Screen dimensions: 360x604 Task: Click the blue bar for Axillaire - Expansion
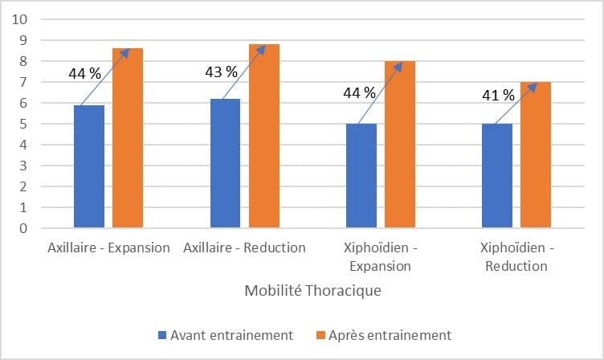click(88, 166)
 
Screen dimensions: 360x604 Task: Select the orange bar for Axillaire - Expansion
click(128, 138)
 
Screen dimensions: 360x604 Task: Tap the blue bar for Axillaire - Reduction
click(224, 163)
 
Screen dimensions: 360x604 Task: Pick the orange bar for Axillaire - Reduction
click(263, 136)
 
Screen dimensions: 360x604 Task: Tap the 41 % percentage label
click(498, 95)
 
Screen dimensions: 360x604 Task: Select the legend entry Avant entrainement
click(226, 334)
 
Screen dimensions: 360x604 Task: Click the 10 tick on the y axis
click(21, 18)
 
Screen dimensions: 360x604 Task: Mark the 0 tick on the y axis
click(24, 228)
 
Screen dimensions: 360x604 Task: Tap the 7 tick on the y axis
click(24, 82)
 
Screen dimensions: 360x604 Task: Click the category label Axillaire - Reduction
click(244, 247)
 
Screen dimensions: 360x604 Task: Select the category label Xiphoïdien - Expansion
click(380, 256)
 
